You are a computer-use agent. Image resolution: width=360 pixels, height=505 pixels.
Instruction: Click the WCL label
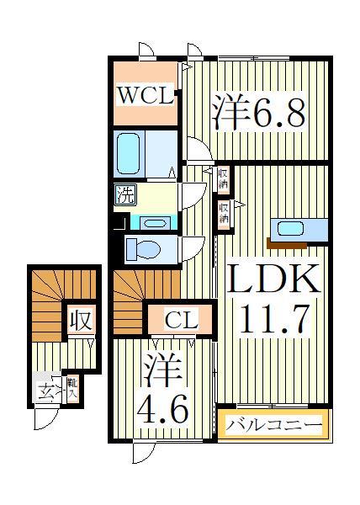coord(146,94)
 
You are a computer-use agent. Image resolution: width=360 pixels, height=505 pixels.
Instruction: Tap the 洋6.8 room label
coord(257,113)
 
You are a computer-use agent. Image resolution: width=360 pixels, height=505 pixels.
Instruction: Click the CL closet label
coord(180,320)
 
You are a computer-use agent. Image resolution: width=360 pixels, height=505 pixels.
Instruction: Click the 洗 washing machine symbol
coord(124,198)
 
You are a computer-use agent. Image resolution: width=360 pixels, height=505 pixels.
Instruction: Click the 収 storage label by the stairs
coord(81,321)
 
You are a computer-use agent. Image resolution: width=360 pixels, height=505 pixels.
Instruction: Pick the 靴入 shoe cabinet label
coord(72,388)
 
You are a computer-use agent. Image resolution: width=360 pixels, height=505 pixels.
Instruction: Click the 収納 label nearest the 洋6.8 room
coord(224,178)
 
